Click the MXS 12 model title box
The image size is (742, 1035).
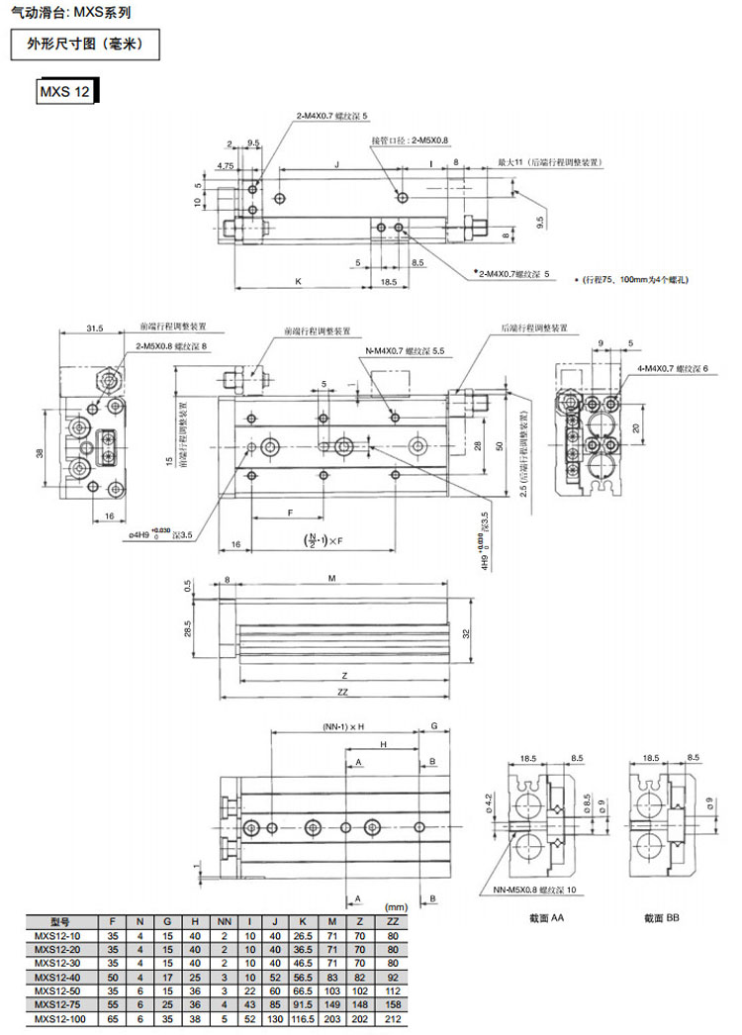64,92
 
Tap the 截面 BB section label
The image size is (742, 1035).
661,918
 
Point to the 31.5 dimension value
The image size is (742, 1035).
95,328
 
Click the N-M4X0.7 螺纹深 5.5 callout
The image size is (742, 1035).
406,351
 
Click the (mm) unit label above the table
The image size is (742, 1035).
397,906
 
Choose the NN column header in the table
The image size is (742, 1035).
224,920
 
